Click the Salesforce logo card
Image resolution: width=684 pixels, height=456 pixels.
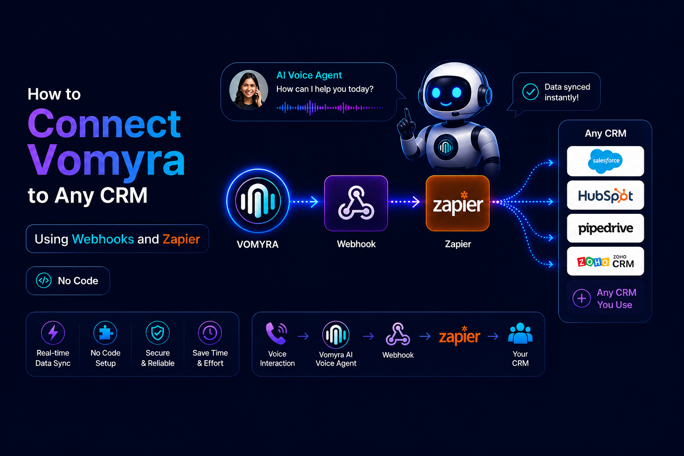[x=605, y=161]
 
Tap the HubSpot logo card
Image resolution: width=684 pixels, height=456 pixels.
[x=605, y=195]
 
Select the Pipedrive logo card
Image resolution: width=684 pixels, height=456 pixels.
[x=605, y=228]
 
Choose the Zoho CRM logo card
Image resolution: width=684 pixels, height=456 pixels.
[x=605, y=261]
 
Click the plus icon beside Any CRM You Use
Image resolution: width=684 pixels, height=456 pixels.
[x=582, y=298]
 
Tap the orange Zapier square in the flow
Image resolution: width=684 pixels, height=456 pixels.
[x=457, y=203]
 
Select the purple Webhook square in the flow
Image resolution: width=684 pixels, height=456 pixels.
[x=356, y=203]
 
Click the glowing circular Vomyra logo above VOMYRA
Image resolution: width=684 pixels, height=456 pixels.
[x=258, y=201]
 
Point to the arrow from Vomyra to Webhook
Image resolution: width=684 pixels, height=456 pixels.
[x=304, y=202]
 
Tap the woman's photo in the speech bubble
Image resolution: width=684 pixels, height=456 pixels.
[x=248, y=90]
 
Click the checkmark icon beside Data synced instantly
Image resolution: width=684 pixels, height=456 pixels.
[x=530, y=92]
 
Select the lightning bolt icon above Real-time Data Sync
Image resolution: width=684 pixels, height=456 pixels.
[x=53, y=333]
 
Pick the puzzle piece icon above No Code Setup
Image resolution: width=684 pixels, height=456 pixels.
[x=106, y=333]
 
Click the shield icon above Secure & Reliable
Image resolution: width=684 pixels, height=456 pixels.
[x=158, y=333]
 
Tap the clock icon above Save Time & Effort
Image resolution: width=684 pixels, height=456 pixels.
[x=210, y=333]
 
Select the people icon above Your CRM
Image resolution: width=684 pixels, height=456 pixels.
[x=520, y=333]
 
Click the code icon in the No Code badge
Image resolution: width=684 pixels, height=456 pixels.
[x=44, y=281]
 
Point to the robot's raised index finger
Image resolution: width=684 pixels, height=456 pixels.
[x=407, y=115]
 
